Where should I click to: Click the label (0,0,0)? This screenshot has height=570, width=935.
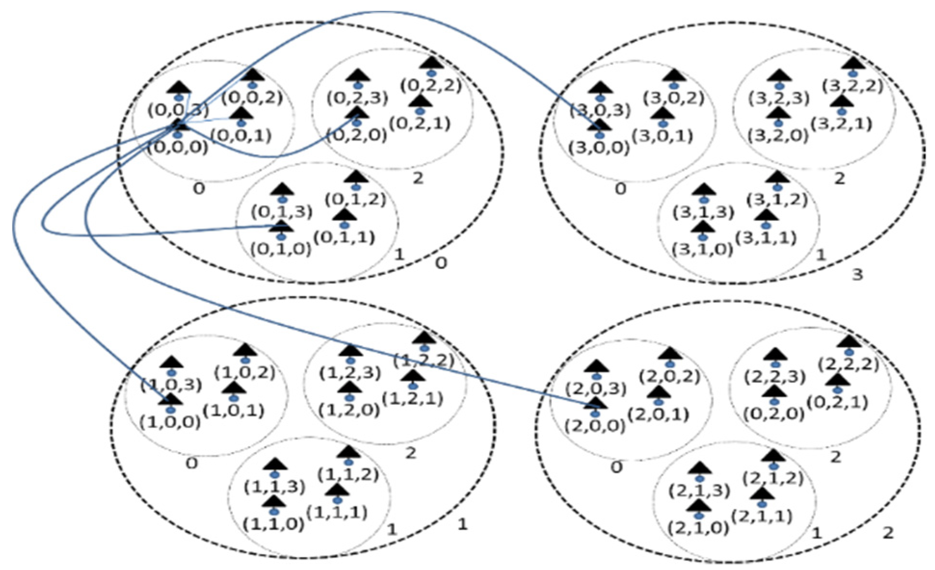click(x=177, y=148)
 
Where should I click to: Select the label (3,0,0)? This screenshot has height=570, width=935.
click(x=599, y=148)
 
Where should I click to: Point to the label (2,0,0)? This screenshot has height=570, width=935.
click(x=595, y=426)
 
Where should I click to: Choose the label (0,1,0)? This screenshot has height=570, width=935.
click(x=281, y=249)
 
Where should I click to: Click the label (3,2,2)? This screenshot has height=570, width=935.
click(x=852, y=86)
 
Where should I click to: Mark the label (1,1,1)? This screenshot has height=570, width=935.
click(x=337, y=513)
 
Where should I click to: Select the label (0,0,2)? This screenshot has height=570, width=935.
click(x=252, y=97)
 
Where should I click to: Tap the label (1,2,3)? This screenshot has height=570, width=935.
click(x=350, y=373)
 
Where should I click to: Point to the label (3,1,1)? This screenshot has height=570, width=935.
click(x=766, y=237)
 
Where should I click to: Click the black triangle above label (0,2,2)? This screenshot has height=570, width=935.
click(x=432, y=64)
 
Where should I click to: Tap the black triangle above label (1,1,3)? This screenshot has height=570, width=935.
click(x=275, y=464)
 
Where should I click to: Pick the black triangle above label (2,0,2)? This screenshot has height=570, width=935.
click(x=670, y=354)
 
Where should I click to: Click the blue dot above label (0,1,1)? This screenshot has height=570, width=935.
click(x=344, y=225)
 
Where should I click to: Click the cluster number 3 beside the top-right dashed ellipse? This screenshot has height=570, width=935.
click(x=857, y=275)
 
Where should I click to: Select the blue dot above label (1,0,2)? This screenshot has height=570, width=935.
click(x=246, y=360)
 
